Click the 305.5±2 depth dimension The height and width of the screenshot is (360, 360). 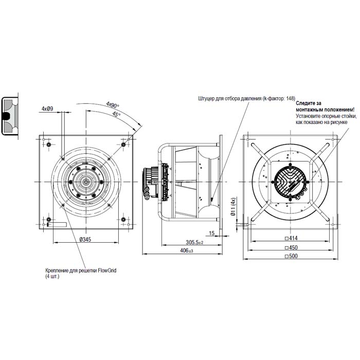click(194, 242)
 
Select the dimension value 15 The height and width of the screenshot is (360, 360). click(212, 233)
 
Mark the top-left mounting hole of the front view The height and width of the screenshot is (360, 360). click(48, 146)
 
